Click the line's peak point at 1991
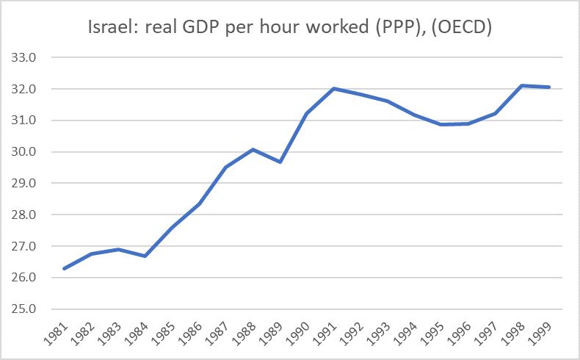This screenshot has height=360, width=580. coord(333,89)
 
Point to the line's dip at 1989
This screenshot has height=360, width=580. coord(280,162)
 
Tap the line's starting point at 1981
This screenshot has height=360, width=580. coord(65,269)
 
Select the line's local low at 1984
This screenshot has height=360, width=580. coord(145,256)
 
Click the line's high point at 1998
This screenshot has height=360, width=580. coord(521,85)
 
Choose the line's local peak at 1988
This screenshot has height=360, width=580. coord(253,150)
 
